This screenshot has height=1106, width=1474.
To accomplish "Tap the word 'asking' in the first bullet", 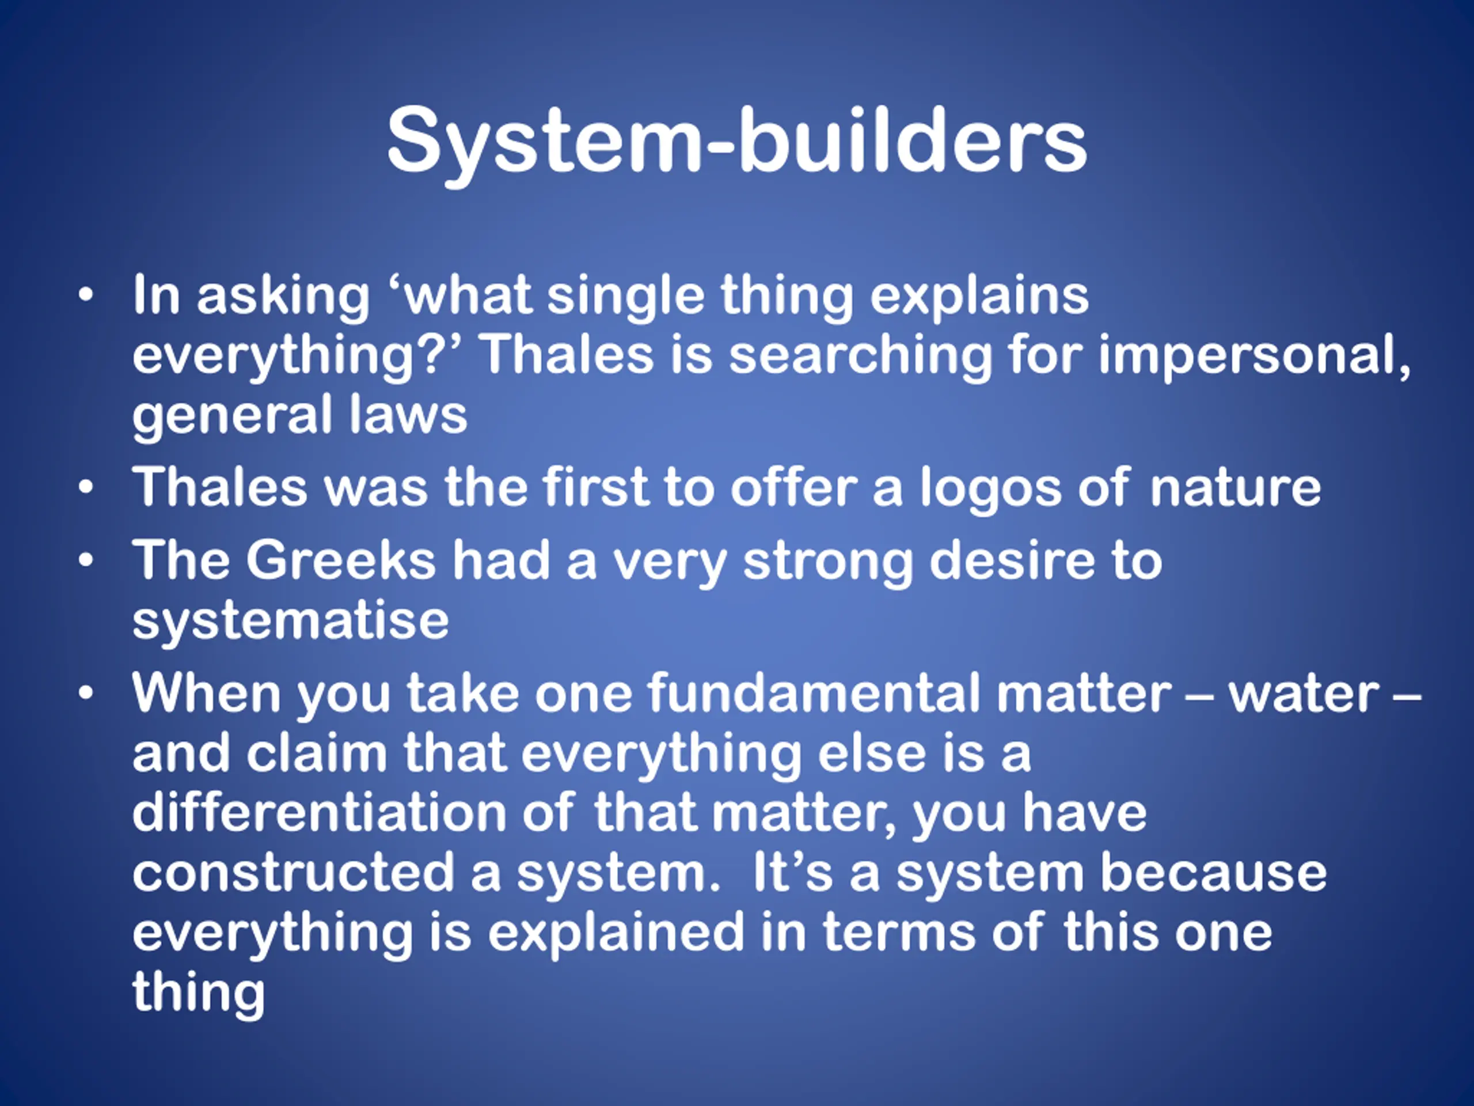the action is tap(283, 296).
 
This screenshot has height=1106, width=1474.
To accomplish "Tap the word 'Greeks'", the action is tap(340, 560).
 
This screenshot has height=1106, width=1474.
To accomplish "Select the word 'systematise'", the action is tap(291, 620).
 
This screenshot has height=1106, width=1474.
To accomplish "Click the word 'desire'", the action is tap(1012, 560).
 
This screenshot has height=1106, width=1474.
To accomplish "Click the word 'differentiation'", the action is tap(319, 813).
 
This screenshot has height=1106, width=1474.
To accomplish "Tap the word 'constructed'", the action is tap(293, 873).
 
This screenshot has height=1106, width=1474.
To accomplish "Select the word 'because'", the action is tap(1213, 873).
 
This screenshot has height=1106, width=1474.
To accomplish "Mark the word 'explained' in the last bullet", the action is tap(616, 932).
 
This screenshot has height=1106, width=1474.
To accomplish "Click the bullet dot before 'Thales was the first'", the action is tap(85, 488).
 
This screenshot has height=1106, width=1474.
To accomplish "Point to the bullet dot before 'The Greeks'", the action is tap(85, 560).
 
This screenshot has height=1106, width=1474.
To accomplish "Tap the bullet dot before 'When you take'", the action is tap(85, 694).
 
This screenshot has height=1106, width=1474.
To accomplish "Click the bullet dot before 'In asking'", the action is tap(85, 295).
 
